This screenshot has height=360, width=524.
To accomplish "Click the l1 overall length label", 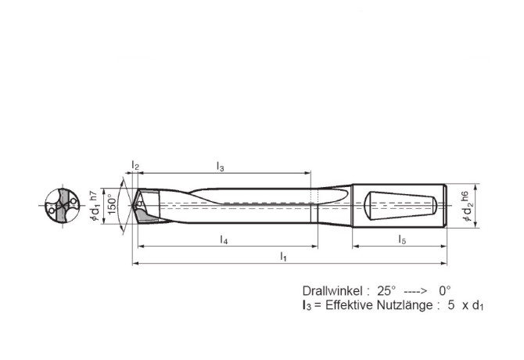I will point(283,257).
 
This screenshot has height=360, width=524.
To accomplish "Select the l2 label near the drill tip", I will point(135,166).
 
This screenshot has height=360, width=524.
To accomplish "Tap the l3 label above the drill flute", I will point(220,166).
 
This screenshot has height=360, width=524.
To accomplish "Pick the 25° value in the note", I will point(386,290).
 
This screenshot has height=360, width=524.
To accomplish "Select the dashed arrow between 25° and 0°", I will point(415,290).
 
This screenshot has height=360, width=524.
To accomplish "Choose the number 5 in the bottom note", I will point(451,305).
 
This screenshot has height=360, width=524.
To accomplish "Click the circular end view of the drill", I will point(60,207).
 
